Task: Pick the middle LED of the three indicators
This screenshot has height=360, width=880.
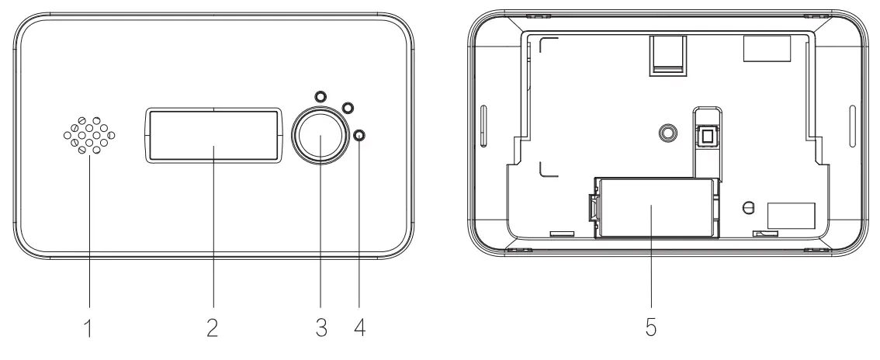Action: [x=347, y=108]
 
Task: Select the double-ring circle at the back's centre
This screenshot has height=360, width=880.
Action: [x=665, y=134]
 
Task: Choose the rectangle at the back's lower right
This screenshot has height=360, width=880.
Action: [x=791, y=215]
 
